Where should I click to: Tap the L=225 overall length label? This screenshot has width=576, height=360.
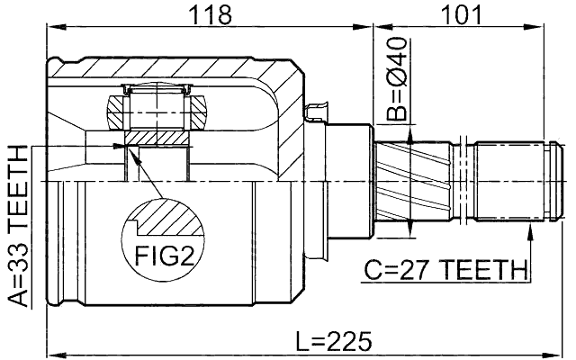click(x=332, y=341)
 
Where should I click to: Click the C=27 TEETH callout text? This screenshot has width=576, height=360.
click(x=445, y=268)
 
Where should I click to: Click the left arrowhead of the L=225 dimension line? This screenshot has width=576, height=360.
click(x=52, y=353)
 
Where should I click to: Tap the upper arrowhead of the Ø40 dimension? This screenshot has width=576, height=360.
click(x=409, y=135)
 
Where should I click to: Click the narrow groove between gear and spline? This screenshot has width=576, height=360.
click(x=463, y=181)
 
